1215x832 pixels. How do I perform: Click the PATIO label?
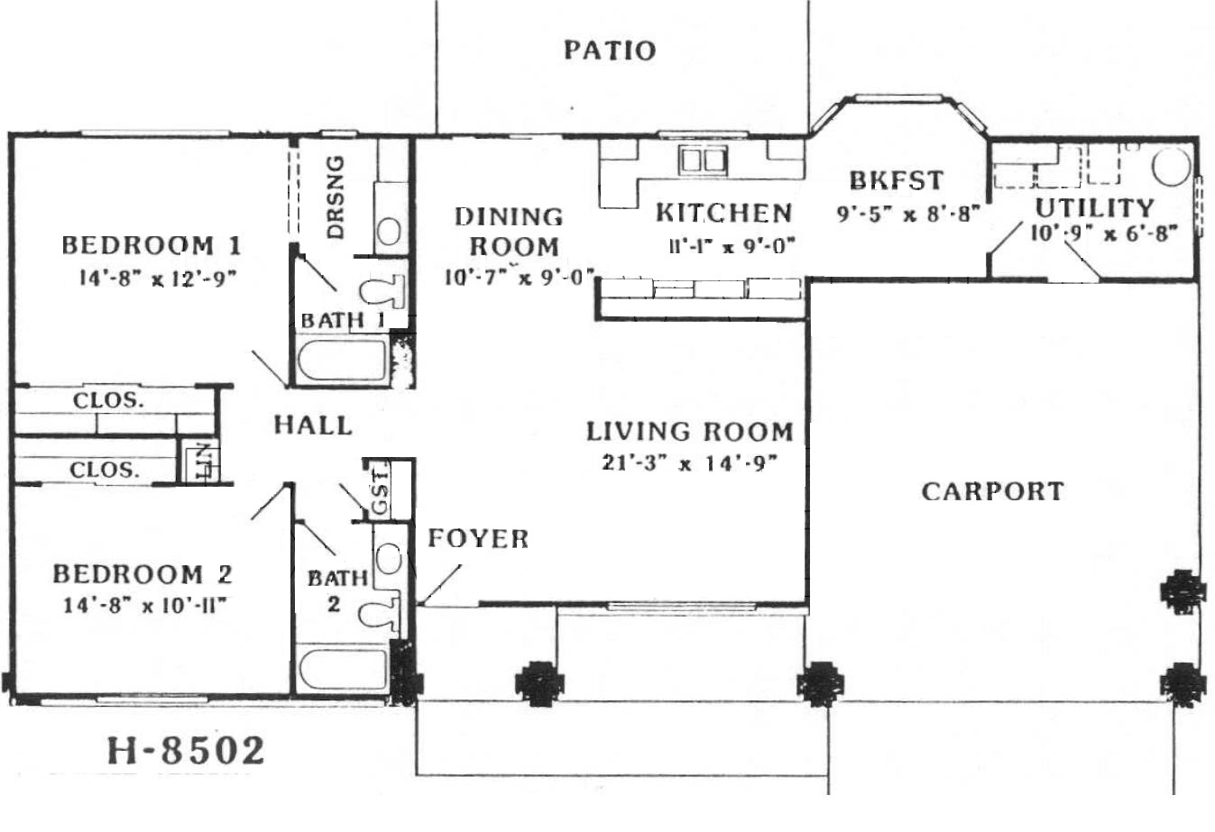[x=611, y=50]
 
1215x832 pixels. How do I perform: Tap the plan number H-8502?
[x=186, y=750]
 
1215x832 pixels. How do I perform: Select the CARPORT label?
[x=992, y=491]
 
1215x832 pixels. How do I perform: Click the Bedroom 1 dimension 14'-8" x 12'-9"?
[x=158, y=279]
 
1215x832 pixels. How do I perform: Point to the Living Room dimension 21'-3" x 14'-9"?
[x=689, y=463]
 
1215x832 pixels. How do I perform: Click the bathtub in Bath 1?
[x=343, y=360]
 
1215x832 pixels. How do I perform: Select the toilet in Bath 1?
[x=382, y=291]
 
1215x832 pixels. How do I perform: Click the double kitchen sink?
[x=704, y=160]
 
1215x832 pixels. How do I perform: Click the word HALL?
[x=313, y=425]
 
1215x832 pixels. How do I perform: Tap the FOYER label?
[x=478, y=538]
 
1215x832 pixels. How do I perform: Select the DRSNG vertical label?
[x=336, y=197]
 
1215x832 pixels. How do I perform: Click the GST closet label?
[x=381, y=490]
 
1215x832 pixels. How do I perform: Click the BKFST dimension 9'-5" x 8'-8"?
[x=908, y=215]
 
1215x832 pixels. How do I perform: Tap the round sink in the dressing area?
[x=389, y=231]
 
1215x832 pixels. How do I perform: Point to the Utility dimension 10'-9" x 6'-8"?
[x=1104, y=234]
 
